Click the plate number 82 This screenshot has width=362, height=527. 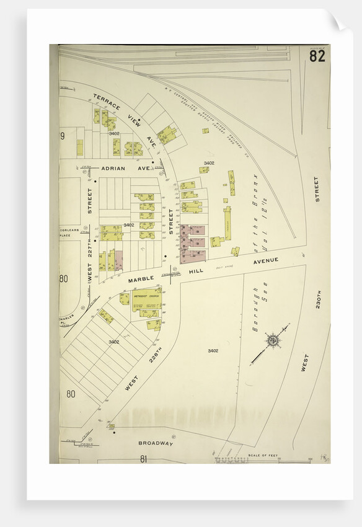317,56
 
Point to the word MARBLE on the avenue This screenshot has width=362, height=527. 140,279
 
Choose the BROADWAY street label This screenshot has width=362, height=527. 155,444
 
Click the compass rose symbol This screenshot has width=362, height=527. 272,340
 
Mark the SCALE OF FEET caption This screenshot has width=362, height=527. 261,456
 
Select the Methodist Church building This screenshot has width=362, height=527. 146,298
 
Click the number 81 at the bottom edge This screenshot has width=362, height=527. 143,459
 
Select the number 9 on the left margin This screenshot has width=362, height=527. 63,136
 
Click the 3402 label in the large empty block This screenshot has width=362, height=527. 213,351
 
